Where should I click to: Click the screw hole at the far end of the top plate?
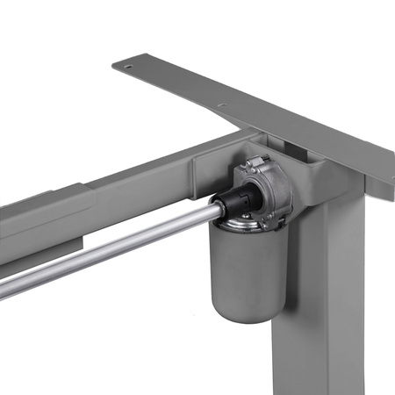click(x=128, y=66)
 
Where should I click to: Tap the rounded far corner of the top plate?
click(x=117, y=63)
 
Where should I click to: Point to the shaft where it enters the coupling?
click(x=212, y=211)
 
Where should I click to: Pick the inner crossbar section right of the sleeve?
click(x=140, y=184)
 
